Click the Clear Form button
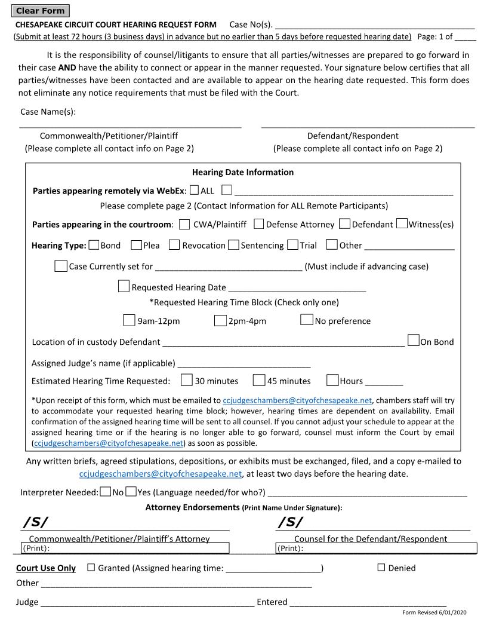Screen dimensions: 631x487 click(x=40, y=11)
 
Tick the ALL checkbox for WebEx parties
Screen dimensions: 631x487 click(x=195, y=191)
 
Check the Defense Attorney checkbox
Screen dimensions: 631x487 click(x=259, y=224)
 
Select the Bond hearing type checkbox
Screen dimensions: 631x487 click(x=94, y=245)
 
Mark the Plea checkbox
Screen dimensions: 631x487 click(x=137, y=245)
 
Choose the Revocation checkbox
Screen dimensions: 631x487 click(x=174, y=245)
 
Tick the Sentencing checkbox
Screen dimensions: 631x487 click(x=233, y=245)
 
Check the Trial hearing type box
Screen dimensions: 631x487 click(x=292, y=245)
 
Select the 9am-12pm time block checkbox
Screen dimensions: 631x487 click(x=129, y=320)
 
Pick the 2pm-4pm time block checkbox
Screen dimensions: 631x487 click(x=220, y=320)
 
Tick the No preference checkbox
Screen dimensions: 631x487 click(x=307, y=320)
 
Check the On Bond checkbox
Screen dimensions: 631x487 click(x=413, y=341)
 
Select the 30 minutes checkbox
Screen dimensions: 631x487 click(x=187, y=380)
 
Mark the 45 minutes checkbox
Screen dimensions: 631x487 click(x=259, y=380)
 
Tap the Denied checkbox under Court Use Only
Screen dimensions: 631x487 click(x=381, y=568)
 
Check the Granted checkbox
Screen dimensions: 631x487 click(x=91, y=568)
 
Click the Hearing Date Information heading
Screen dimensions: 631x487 click(x=243, y=172)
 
